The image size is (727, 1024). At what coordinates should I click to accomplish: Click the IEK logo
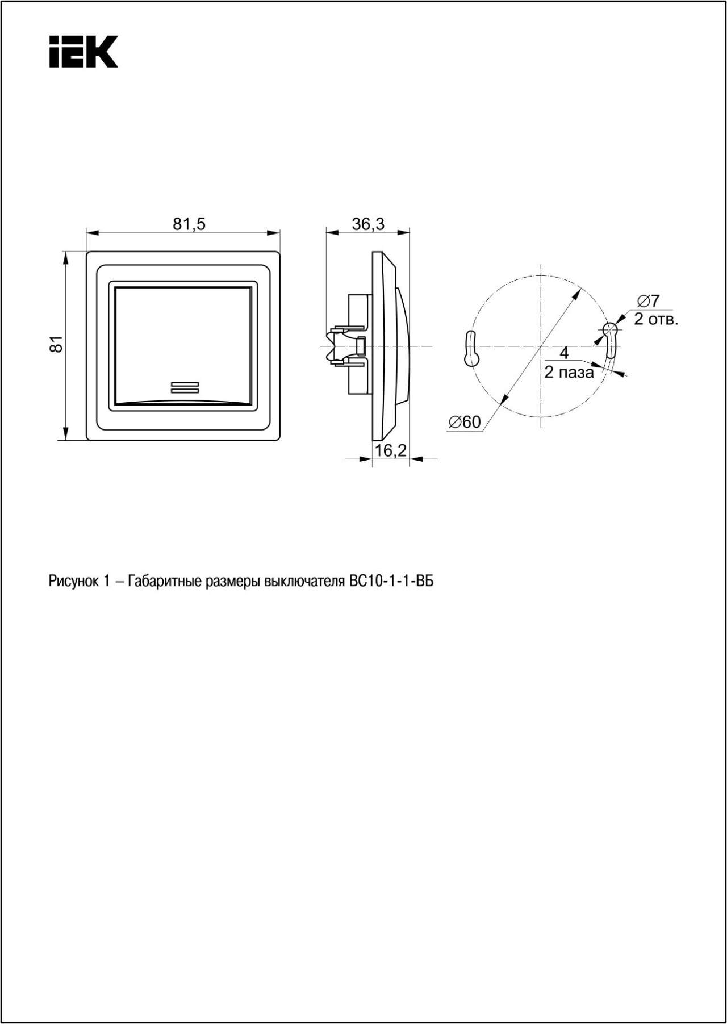tap(83, 52)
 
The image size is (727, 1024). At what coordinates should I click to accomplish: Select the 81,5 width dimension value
tap(189, 224)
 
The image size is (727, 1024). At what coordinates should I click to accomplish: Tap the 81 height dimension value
tap(55, 344)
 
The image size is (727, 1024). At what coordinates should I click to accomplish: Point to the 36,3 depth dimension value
tap(368, 224)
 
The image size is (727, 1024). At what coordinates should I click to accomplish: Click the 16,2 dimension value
tap(391, 450)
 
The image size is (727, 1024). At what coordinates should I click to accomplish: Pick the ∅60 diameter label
tap(464, 422)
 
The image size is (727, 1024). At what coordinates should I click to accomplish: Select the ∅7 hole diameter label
tap(648, 300)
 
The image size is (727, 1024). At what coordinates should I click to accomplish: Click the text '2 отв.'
tap(656, 319)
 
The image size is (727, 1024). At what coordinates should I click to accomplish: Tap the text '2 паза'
tap(569, 373)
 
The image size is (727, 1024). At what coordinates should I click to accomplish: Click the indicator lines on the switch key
tap(185, 387)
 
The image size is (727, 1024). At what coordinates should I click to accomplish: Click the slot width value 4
tap(564, 353)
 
